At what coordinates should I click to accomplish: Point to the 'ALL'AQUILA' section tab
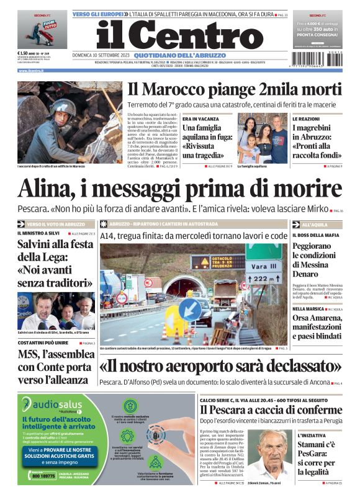click(x=314, y=224)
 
